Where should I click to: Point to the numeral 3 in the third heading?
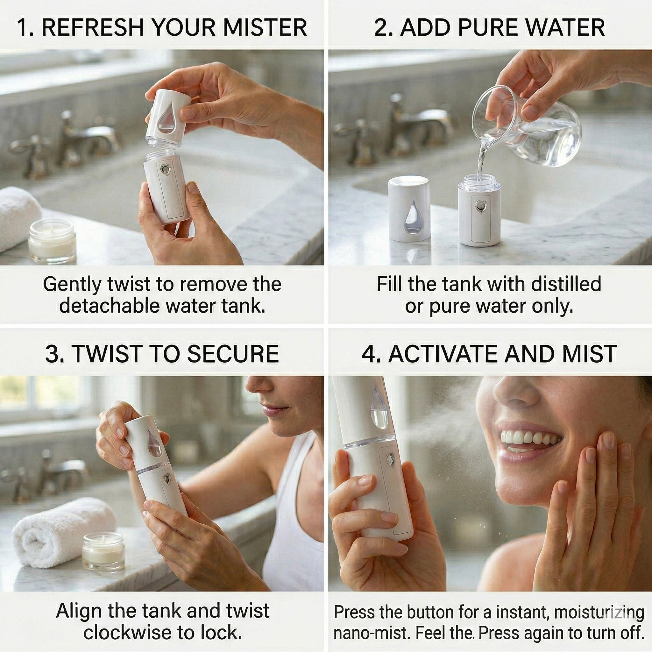pyautogui.click(x=52, y=354)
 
